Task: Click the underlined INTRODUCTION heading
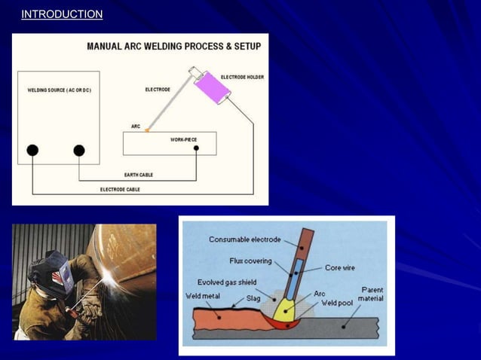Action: tap(62, 14)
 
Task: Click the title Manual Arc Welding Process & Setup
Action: tap(174, 47)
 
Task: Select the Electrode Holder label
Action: tap(242, 77)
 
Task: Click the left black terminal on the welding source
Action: tap(32, 150)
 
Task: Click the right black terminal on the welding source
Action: tap(79, 150)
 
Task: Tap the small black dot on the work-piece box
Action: tap(196, 148)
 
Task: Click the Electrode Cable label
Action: tap(119, 189)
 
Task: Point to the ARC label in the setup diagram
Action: tap(136, 126)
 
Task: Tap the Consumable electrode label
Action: tap(244, 239)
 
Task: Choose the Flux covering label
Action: tap(250, 261)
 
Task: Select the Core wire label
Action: tap(341, 267)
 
